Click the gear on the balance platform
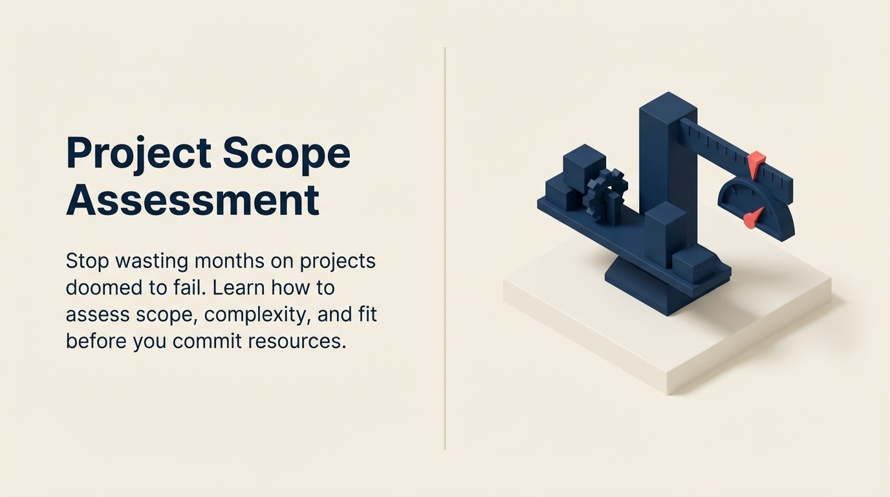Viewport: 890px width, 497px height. point(606,193)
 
